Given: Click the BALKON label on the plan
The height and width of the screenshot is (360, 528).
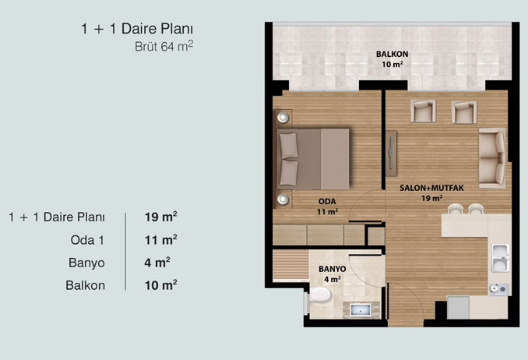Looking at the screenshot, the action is (392, 54).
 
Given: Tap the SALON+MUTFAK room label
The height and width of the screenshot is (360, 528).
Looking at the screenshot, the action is (431, 188).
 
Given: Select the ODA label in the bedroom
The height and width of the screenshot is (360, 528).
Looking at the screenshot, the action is (327, 202).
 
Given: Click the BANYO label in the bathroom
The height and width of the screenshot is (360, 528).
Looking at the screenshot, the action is (332, 269).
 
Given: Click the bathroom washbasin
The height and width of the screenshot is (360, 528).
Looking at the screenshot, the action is (361, 310).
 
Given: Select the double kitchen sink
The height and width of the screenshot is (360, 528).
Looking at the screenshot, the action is (500, 258).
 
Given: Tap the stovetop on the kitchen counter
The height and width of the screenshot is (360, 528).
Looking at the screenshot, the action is (498, 289).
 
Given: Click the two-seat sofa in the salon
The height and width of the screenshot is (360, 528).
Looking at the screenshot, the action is (492, 157).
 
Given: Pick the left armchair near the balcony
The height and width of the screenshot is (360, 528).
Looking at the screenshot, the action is (423, 111).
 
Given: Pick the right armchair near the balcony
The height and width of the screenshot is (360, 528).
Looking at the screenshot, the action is (464, 112).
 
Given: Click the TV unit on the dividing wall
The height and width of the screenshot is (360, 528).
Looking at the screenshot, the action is (391, 154).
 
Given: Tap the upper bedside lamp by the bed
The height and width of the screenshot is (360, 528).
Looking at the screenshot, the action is (283, 118).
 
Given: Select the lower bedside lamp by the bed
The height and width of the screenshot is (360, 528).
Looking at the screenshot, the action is (283, 199).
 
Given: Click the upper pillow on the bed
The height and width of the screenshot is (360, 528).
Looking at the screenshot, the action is (289, 145).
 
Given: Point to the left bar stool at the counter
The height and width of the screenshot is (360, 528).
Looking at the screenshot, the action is (456, 209).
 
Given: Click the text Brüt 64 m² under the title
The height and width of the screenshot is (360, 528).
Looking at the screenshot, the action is (164, 46).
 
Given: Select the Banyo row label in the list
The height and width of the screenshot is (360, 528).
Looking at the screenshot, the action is (86, 263).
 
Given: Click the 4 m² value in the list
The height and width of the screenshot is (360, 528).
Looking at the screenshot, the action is (157, 263).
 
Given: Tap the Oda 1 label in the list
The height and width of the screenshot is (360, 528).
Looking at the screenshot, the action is (87, 240).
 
